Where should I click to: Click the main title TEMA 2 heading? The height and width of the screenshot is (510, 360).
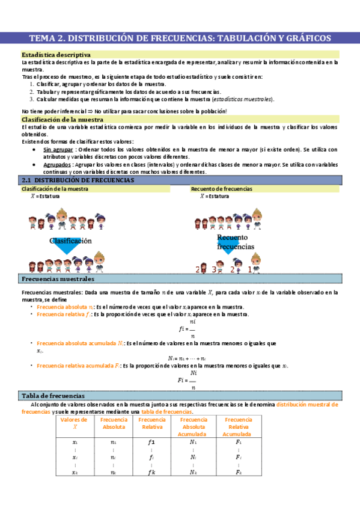click(x=180, y=38)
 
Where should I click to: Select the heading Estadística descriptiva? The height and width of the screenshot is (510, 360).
click(x=56, y=55)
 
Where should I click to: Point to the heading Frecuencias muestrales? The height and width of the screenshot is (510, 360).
click(x=58, y=280)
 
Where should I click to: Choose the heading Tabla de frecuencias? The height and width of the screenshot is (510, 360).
click(x=53, y=395)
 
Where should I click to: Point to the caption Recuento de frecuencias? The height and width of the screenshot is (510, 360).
click(x=221, y=189)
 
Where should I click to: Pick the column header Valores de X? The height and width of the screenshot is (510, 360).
click(x=75, y=423)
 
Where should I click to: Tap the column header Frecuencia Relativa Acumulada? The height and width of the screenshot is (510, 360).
click(x=238, y=426)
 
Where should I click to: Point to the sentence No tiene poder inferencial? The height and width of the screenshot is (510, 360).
click(x=123, y=111)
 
